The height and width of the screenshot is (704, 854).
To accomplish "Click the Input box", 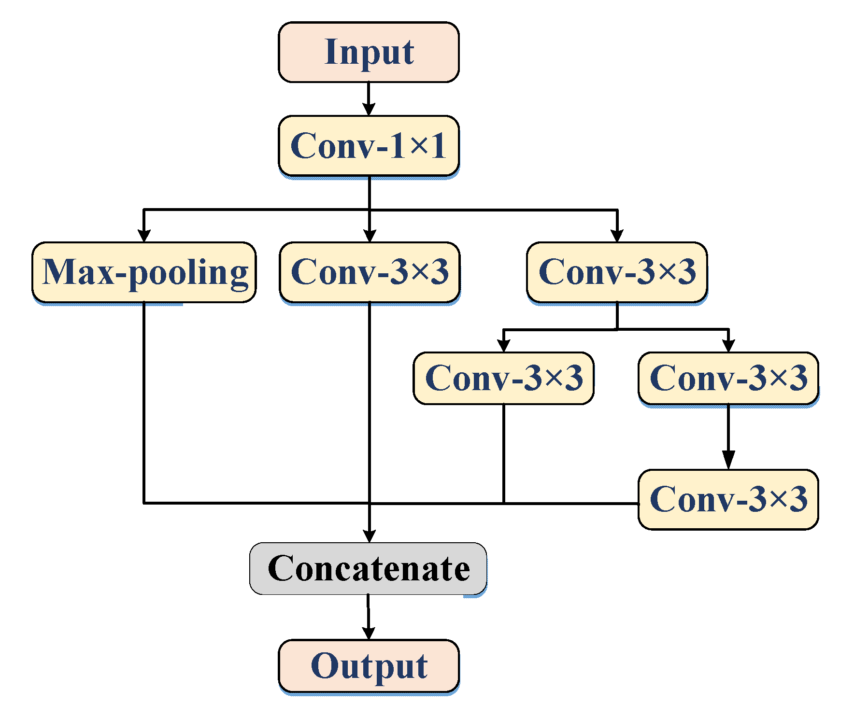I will pos(369,52).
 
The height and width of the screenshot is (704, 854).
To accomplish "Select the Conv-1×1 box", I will pos(369,146).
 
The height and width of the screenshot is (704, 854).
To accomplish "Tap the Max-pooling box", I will pos(144,272).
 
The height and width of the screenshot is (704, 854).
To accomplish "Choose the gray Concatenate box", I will pos(368,568).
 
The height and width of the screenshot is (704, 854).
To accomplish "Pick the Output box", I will pos(369,666).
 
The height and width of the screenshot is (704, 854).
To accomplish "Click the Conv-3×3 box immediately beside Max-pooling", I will pos(370,272).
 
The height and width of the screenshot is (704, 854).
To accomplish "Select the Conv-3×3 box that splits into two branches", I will pos(617,272).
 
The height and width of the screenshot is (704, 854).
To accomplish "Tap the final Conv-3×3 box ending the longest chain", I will pos(728,499).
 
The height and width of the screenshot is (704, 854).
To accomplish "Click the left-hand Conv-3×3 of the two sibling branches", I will pos(503,378).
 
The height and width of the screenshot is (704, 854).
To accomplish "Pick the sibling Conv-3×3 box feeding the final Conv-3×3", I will pos(728,378).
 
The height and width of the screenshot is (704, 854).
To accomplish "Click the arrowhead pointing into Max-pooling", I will pos(144,236).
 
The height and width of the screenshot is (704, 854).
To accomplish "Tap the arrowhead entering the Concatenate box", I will pos(370,536).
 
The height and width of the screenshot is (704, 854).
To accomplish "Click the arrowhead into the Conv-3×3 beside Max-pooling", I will pos(370,236).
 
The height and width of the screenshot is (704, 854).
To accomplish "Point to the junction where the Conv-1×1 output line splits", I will pos(370,210).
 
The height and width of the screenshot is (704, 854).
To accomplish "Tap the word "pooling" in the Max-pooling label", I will pos(189,273).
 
